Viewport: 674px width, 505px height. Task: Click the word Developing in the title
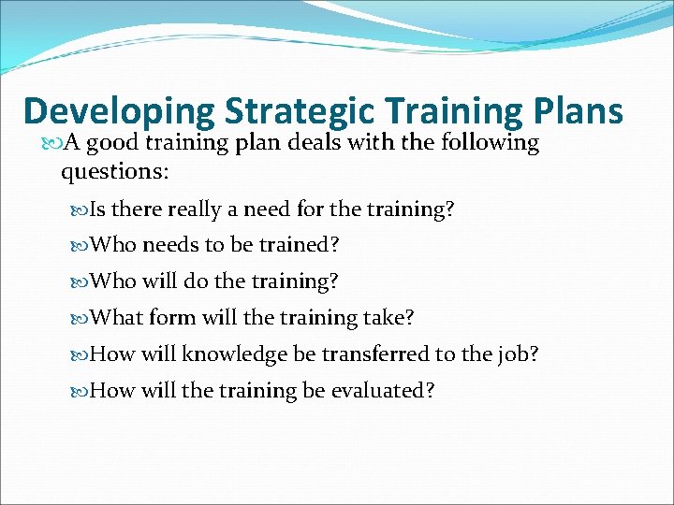[x=118, y=111]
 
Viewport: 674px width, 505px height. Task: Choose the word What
[x=118, y=318]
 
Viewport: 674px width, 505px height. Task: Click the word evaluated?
[x=382, y=391]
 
